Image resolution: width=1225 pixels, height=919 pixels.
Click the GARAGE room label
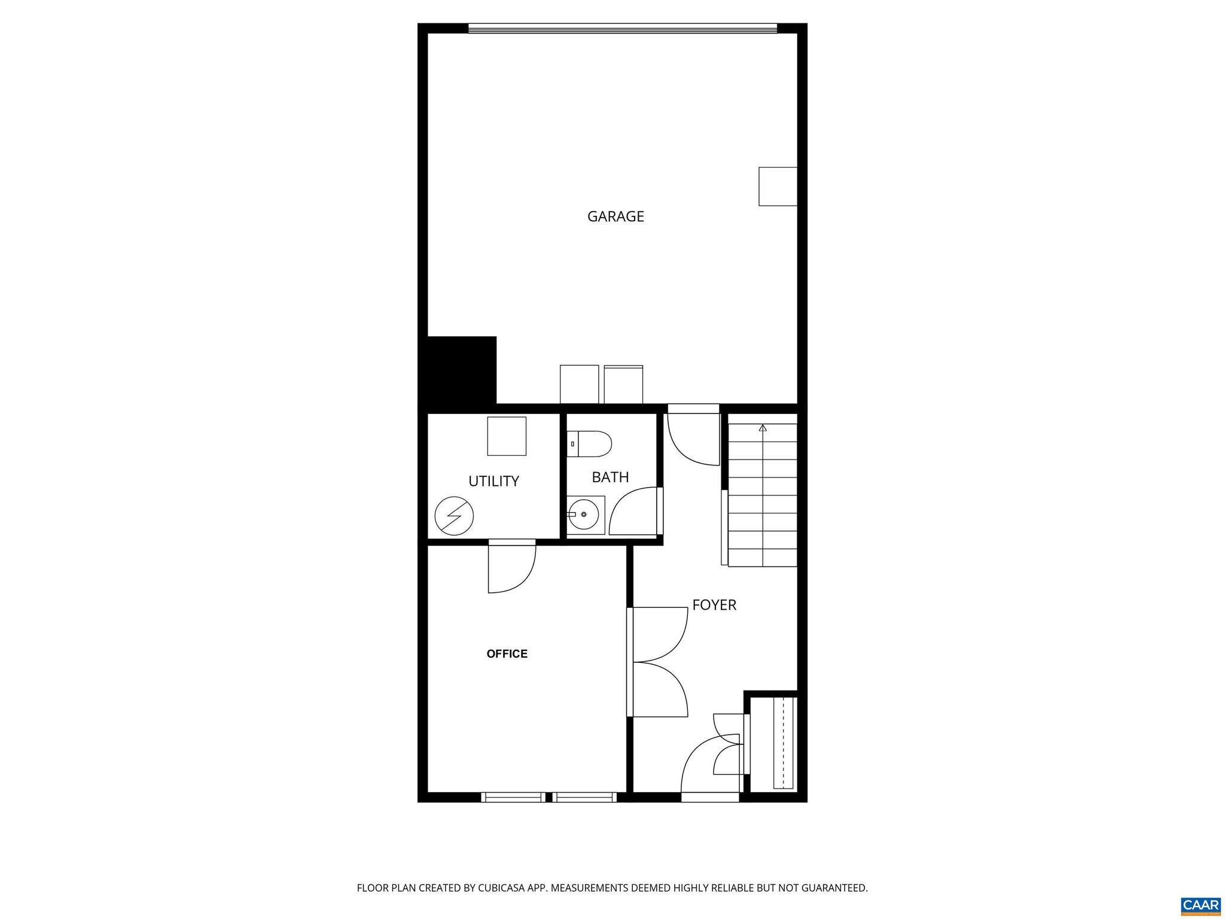point(615,217)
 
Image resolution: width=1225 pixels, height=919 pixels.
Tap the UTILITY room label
point(493,481)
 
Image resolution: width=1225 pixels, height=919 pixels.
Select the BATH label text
point(610,477)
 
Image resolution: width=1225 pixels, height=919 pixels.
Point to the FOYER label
point(714,605)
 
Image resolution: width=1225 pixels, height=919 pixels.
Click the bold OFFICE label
point(507,654)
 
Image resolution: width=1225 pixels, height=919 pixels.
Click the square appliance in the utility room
point(507,436)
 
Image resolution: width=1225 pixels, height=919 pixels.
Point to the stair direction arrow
point(763,428)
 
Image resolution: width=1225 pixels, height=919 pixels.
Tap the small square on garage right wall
point(778,187)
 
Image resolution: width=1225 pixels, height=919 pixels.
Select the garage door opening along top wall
point(622,28)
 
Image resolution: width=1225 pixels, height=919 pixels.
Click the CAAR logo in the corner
point(1200,905)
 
